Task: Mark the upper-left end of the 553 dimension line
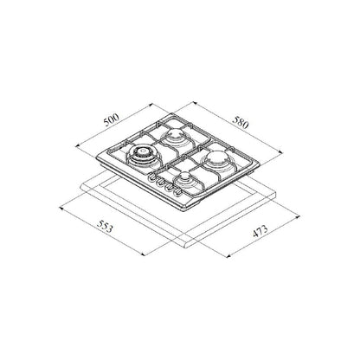pyautogui.click(x=61, y=206)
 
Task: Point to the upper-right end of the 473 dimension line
pyautogui.click(x=297, y=208)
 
